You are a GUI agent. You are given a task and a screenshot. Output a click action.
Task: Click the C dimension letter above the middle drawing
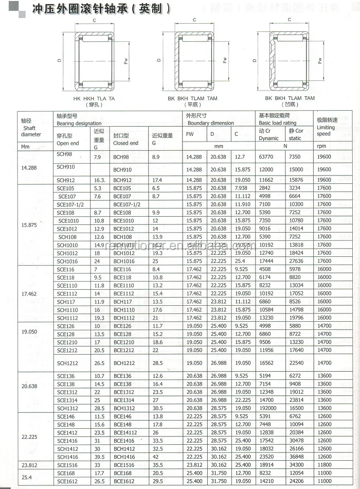point(194,20)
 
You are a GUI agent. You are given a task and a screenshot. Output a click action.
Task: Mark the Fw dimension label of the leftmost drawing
point(126,61)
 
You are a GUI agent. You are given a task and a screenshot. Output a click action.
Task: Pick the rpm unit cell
point(322,146)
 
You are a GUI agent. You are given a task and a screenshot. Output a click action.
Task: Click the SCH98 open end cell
point(65,154)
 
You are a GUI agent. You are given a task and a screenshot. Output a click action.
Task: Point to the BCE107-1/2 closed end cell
point(127,204)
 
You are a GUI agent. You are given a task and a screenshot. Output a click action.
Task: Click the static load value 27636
point(297,261)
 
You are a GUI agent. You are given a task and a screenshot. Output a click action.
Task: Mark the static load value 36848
point(297,457)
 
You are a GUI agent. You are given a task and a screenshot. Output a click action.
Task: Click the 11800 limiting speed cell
point(324,465)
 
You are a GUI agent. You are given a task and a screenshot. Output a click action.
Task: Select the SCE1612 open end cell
point(67,481)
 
